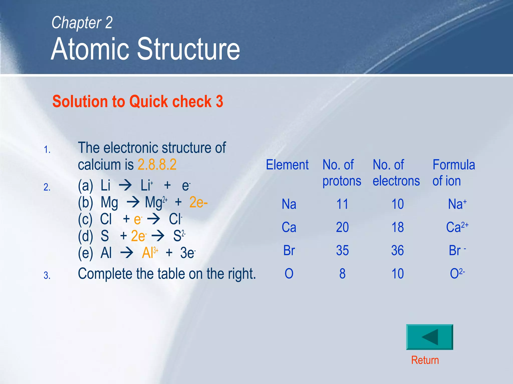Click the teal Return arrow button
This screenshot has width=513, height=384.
429,337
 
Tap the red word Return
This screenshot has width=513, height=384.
425,360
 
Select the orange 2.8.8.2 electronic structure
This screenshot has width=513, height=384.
157,164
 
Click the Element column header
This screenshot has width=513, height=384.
287,165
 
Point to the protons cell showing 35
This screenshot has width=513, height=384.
342,250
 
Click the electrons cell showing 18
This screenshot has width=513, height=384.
398,227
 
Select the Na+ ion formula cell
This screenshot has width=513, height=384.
457,204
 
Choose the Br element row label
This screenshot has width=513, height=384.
289,250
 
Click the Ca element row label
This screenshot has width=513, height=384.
289,227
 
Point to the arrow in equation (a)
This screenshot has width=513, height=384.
125,185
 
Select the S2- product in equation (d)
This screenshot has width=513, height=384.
179,236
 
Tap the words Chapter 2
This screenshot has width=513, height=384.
82,22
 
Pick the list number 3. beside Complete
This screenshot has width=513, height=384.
47,275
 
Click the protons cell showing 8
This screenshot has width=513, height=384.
342,273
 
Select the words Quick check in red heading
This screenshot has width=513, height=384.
170,101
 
